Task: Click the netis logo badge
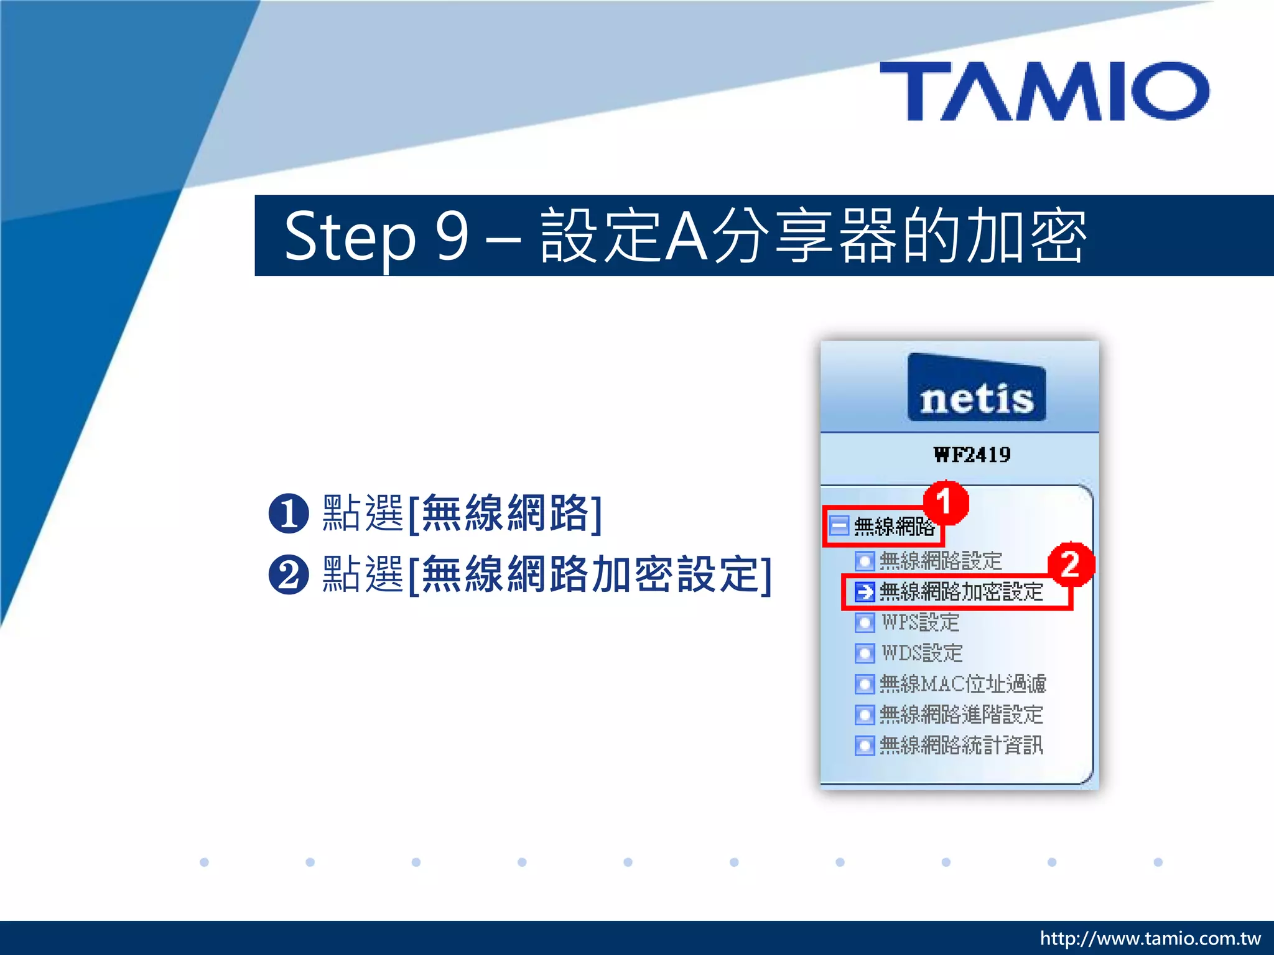[977, 389]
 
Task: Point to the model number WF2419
[972, 455]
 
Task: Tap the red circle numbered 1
[946, 502]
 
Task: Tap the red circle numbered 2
[1070, 564]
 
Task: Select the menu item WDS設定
[921, 653]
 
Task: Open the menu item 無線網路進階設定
[960, 714]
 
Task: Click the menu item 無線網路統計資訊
[960, 745]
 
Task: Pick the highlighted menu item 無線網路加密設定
[960, 592]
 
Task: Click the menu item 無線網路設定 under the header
[940, 561]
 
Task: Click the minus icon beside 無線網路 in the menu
[839, 526]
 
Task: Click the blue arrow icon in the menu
[864, 592]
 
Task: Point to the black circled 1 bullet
[289, 514]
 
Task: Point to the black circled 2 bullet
[289, 574]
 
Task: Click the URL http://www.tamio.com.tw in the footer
[1150, 938]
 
